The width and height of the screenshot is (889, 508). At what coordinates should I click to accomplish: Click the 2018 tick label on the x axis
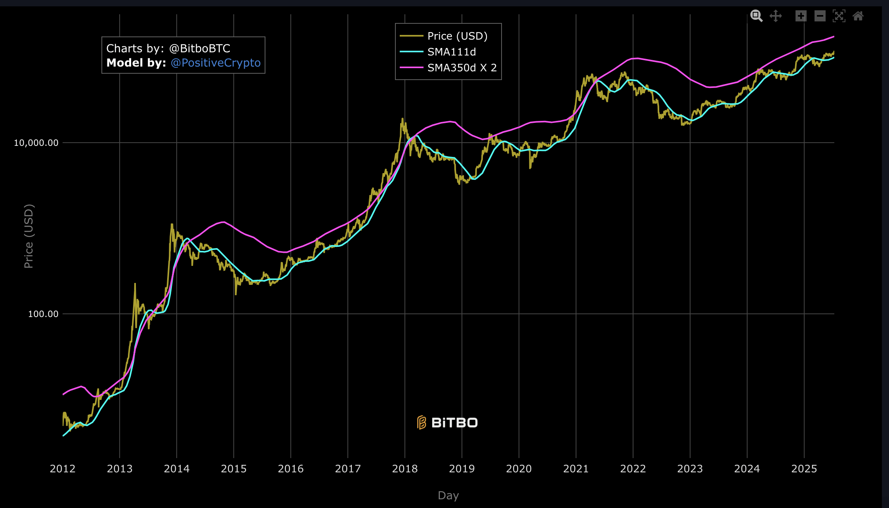(404, 469)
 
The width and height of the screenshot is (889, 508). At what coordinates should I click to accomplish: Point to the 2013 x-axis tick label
(119, 469)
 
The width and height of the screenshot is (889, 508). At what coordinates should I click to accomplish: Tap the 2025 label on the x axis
(804, 469)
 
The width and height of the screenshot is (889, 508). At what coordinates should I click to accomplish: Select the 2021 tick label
(576, 469)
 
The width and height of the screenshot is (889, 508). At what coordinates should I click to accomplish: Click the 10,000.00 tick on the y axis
(36, 143)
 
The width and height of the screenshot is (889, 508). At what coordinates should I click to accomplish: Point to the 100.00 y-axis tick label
(43, 314)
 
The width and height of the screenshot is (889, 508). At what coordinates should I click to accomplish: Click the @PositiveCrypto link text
(216, 63)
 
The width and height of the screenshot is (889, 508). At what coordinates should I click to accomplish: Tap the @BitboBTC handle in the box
(199, 48)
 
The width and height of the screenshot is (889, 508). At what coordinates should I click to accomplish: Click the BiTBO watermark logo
(448, 422)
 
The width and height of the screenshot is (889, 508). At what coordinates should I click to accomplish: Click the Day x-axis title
(448, 495)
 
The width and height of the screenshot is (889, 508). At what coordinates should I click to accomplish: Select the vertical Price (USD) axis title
(29, 236)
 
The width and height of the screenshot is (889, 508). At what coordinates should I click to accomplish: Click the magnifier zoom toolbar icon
(756, 16)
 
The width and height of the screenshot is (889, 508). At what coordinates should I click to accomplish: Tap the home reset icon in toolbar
(858, 16)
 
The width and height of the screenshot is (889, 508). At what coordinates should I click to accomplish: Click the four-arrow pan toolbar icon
(775, 16)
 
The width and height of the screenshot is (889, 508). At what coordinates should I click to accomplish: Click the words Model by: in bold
(136, 63)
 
